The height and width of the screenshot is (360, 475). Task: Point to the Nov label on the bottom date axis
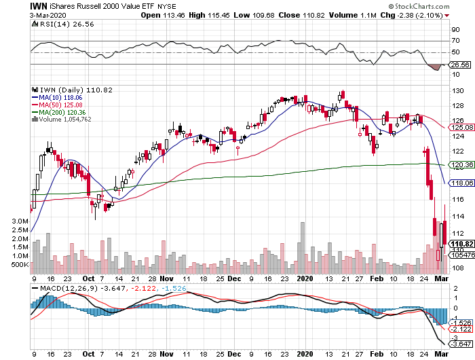coord(168,353)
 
